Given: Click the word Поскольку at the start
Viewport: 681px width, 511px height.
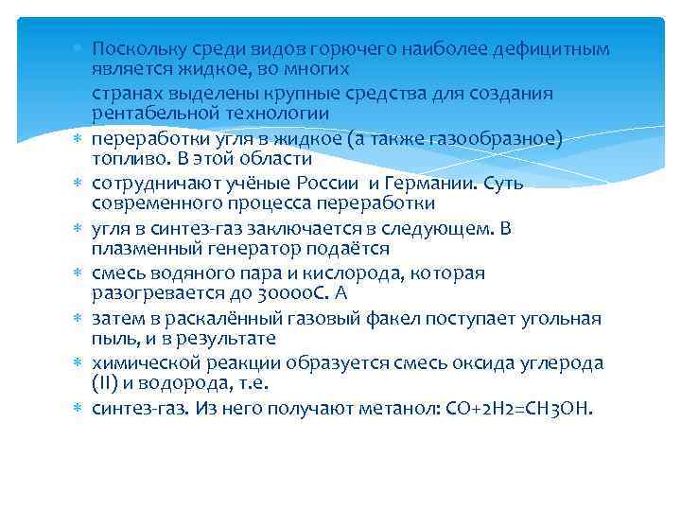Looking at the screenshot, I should pyautogui.click(x=131, y=48).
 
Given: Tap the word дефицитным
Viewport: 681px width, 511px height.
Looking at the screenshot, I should pyautogui.click(x=557, y=48).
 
